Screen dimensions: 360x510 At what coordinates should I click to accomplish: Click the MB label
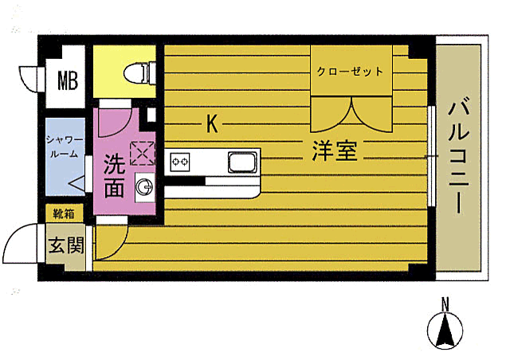66,82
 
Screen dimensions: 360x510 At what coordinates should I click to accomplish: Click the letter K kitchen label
212,124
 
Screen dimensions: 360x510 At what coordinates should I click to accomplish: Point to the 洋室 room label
333,151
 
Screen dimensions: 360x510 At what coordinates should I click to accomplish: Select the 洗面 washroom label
113,176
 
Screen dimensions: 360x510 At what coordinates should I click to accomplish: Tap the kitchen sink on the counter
242,162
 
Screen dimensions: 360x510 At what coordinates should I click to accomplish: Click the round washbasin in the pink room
144,187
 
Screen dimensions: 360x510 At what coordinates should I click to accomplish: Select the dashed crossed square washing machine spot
142,151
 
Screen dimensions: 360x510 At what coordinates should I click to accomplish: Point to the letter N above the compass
445,303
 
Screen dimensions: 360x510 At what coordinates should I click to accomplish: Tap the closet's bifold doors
351,114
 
